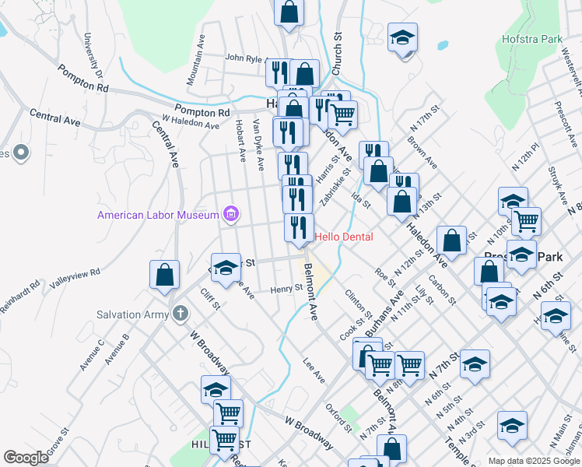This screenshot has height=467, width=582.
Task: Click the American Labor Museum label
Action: (x=158, y=214)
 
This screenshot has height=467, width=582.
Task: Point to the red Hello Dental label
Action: (x=343, y=237)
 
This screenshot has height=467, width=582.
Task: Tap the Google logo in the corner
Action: (x=26, y=458)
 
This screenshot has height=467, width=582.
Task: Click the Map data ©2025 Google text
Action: (x=535, y=461)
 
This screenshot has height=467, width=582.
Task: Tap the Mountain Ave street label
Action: (x=195, y=59)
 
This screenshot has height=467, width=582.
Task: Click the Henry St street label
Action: (x=286, y=289)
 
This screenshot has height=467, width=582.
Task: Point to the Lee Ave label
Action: (x=314, y=370)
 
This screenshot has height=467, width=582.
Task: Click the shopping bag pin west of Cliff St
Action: (x=164, y=275)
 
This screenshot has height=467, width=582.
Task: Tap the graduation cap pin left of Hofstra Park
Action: (x=402, y=37)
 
